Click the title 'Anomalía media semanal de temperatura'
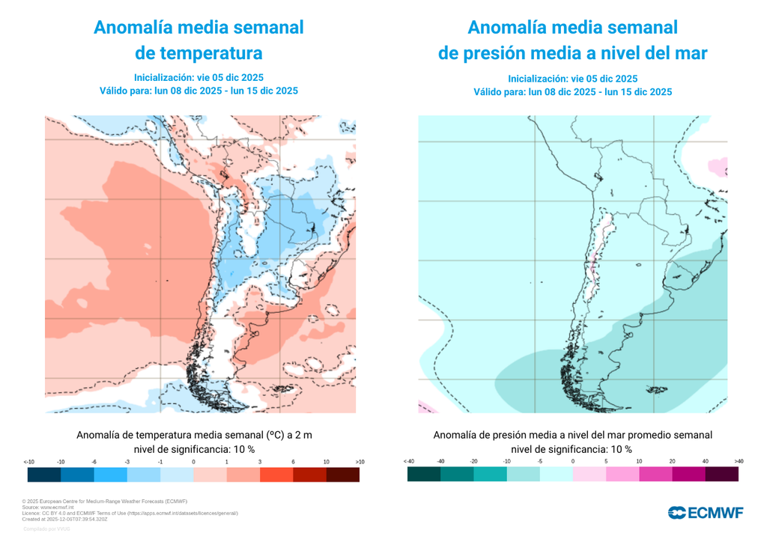point(198,40)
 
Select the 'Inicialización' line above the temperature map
point(198,77)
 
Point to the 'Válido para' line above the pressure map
point(572,91)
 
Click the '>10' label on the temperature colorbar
point(360,462)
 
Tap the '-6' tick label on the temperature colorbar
point(94,462)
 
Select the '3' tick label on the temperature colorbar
point(260,462)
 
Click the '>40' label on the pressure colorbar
point(739,461)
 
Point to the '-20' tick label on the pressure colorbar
point(473,461)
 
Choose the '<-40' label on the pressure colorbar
point(408,461)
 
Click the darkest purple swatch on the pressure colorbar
point(721,475)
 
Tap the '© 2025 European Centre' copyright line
point(104,501)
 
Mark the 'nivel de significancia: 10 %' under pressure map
point(572,449)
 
